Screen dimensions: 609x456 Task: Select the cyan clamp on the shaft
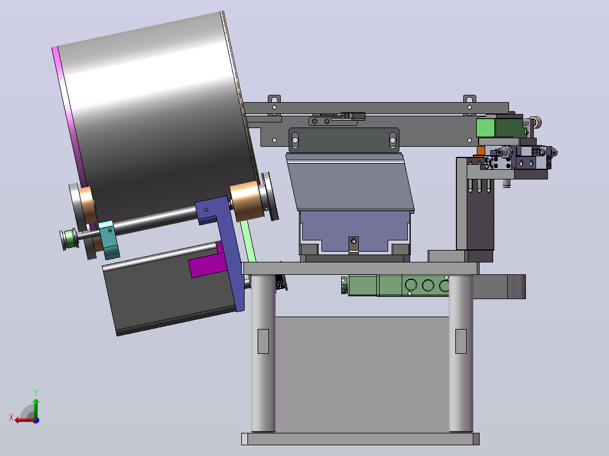(108, 240)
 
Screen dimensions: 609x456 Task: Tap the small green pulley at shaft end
(69, 239)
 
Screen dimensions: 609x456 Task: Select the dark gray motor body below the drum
(171, 295)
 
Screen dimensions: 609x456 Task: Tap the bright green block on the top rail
(485, 128)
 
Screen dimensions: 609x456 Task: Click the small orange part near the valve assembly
(481, 151)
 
